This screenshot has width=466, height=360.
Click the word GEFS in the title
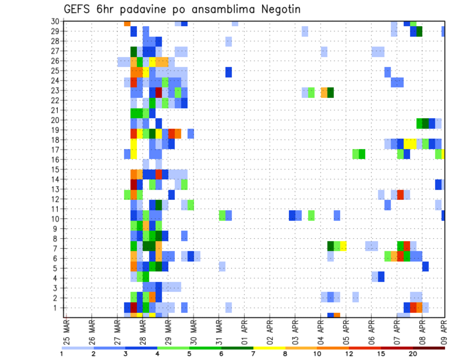78,9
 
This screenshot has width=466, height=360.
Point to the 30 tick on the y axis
55,21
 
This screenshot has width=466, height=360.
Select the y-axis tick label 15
55,169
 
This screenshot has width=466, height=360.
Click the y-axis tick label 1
57,308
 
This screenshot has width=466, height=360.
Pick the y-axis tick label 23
55,90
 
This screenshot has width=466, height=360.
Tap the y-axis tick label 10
55,219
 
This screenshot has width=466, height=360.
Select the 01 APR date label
244,332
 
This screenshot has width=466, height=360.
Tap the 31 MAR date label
219,332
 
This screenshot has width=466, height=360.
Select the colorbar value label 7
253,354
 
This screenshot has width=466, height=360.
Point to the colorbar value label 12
349,354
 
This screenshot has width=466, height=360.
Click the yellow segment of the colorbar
269,348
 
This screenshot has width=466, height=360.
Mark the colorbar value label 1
62,354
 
